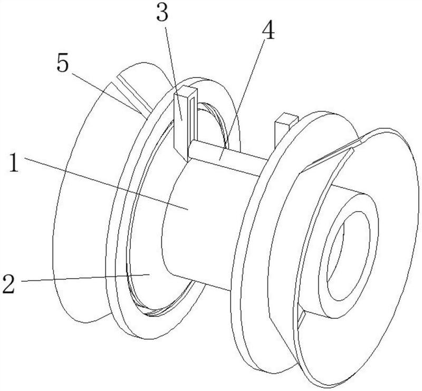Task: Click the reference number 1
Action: (x=14, y=163)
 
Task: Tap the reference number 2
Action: (x=9, y=283)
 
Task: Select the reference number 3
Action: (x=162, y=13)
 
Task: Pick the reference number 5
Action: (x=63, y=62)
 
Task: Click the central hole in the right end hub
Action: (x=349, y=256)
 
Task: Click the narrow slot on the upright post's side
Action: (x=191, y=119)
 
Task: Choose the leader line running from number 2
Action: (x=85, y=278)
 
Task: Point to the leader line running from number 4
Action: (x=243, y=97)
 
